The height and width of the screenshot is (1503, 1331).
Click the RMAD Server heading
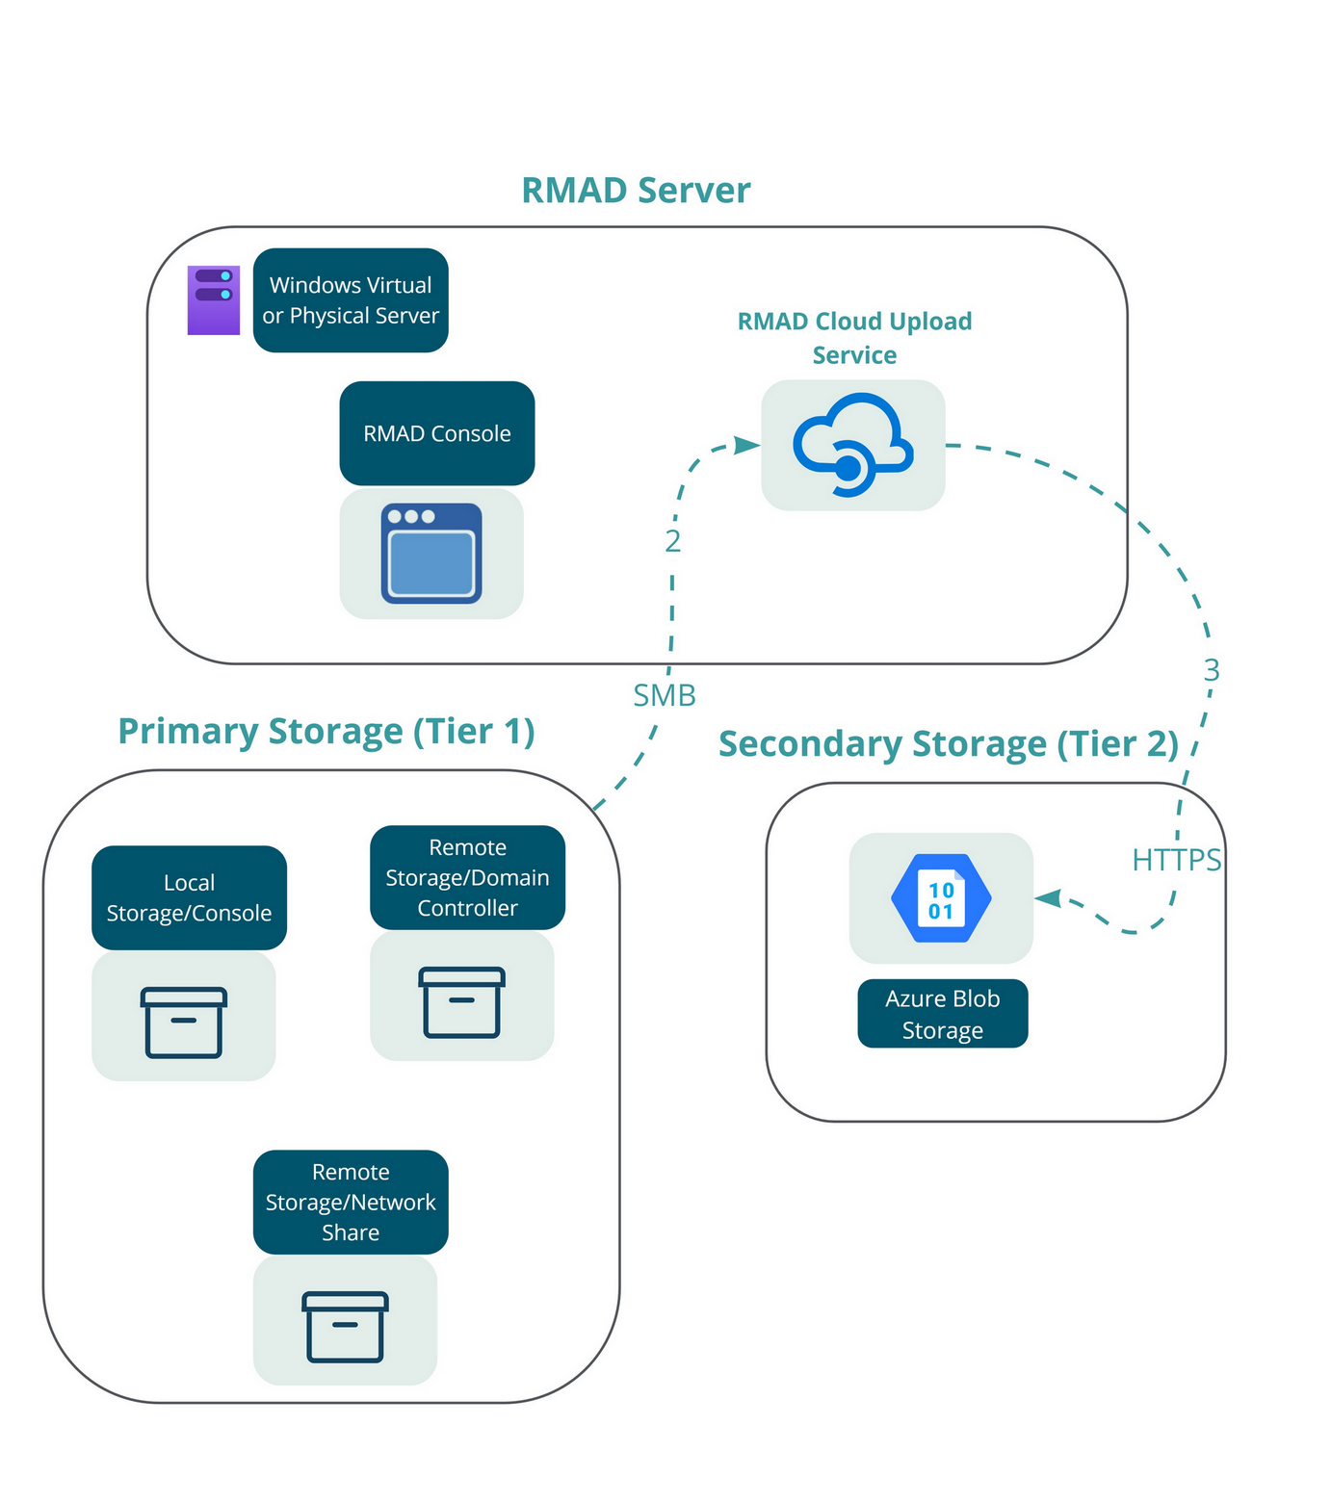636,191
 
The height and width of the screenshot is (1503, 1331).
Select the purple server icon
213,300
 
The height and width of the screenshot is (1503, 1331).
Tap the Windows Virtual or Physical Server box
351,300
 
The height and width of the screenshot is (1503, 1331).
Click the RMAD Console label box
437,433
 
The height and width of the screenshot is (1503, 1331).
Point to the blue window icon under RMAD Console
431,554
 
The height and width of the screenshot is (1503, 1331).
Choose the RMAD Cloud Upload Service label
854,338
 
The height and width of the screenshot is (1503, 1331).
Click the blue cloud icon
853,445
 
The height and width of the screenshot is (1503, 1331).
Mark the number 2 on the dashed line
673,542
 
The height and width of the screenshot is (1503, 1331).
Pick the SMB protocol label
665,695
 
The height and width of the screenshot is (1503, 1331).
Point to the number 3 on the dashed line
1212,670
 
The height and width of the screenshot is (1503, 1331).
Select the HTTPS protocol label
1176,860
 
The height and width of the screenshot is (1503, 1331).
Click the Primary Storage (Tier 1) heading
326,731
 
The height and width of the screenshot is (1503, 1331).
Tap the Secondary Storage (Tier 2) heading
949,744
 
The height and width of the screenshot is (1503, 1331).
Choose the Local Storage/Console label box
190,897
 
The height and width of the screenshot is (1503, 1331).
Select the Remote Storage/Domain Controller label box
468,877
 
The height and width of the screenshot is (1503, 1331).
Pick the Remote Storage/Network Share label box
351,1202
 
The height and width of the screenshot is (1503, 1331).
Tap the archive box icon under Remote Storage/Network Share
346,1327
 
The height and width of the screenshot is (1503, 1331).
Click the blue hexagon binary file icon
941,898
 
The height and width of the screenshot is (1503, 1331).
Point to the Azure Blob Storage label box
943,1014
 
